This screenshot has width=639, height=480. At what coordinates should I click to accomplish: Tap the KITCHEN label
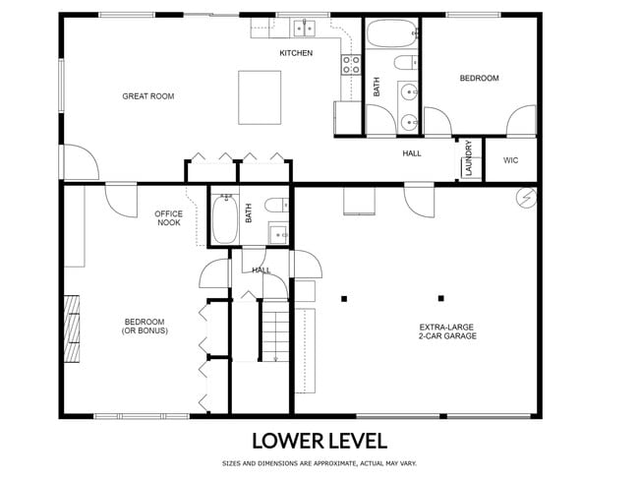tap(296, 53)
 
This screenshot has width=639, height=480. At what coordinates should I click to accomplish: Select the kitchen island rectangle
tap(260, 96)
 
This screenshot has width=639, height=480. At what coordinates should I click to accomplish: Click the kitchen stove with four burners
tap(351, 65)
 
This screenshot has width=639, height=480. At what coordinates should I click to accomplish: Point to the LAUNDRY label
tap(470, 158)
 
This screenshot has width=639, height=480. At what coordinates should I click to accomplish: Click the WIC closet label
tap(510, 160)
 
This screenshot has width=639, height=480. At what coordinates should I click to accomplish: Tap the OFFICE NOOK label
tap(169, 218)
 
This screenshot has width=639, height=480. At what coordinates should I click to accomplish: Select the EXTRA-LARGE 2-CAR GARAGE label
tap(447, 330)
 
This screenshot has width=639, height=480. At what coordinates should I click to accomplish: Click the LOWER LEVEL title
tap(319, 440)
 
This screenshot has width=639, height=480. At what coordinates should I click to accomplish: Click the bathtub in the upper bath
tap(392, 35)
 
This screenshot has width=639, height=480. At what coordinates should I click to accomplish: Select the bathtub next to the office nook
tap(224, 219)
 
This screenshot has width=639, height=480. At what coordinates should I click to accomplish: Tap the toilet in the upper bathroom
tap(403, 64)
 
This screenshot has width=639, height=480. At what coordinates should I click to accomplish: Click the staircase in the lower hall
tap(276, 330)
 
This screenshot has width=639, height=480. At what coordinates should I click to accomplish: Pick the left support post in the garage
tap(343, 298)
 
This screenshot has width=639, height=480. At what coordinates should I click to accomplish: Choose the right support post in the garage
tap(440, 298)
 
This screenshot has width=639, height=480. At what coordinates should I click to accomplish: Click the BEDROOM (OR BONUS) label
tap(145, 326)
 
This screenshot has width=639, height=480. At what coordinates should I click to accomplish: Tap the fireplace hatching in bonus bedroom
tap(72, 330)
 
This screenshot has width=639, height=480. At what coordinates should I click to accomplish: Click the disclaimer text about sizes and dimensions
tap(319, 462)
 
